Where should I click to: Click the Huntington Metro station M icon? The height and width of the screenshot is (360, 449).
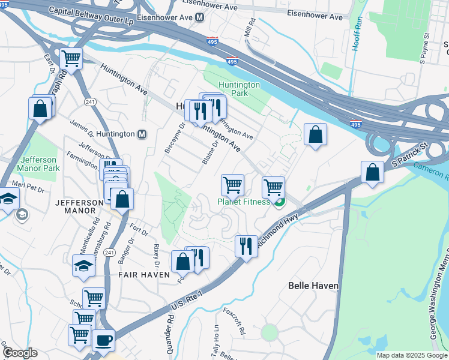143,134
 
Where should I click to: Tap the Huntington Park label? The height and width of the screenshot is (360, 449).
239,89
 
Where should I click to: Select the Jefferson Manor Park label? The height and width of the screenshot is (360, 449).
38,164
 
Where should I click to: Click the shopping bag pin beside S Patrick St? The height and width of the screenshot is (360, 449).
373,172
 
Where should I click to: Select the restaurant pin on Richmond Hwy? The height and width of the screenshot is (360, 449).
246,245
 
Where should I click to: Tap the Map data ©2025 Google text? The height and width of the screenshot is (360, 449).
412,355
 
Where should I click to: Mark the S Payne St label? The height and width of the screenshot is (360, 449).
424,51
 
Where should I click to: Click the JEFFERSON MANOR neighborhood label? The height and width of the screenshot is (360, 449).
79,208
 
